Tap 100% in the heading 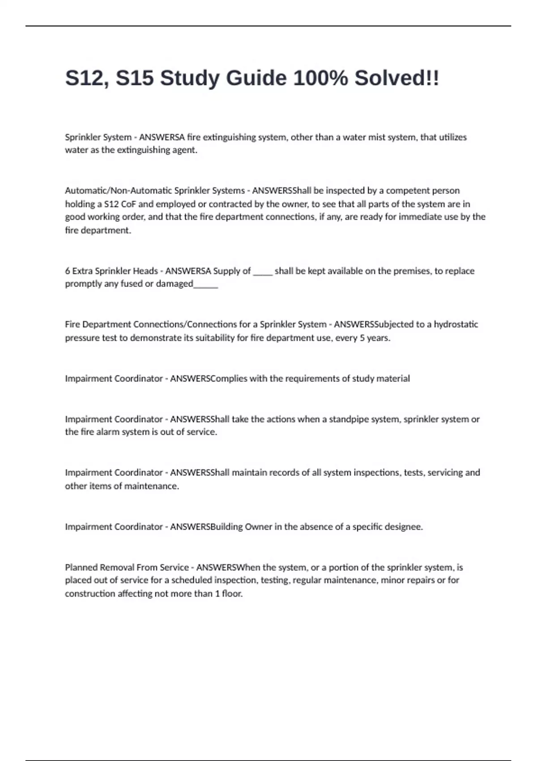point(320,78)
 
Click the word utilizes point(452,137)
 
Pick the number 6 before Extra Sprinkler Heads point(68,271)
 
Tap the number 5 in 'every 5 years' point(362,338)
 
